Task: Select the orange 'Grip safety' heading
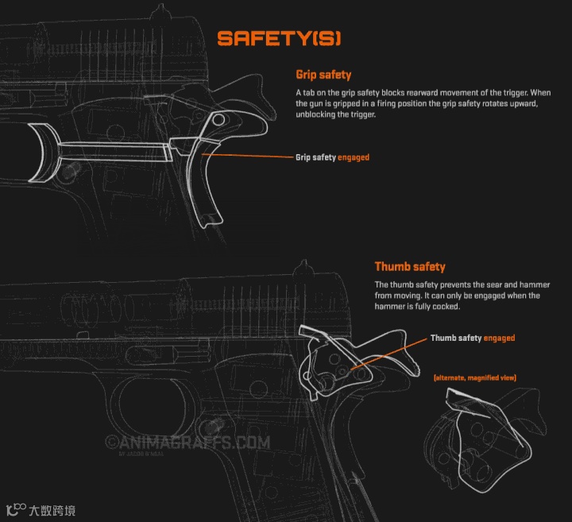pyautogui.click(x=323, y=75)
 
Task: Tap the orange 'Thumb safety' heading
pyautogui.click(x=410, y=267)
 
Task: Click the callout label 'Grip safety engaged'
pyautogui.click(x=332, y=157)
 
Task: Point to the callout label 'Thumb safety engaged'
pyautogui.click(x=473, y=338)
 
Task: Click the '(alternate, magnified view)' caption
pyautogui.click(x=475, y=377)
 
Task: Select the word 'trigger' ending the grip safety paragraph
pyautogui.click(x=361, y=114)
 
